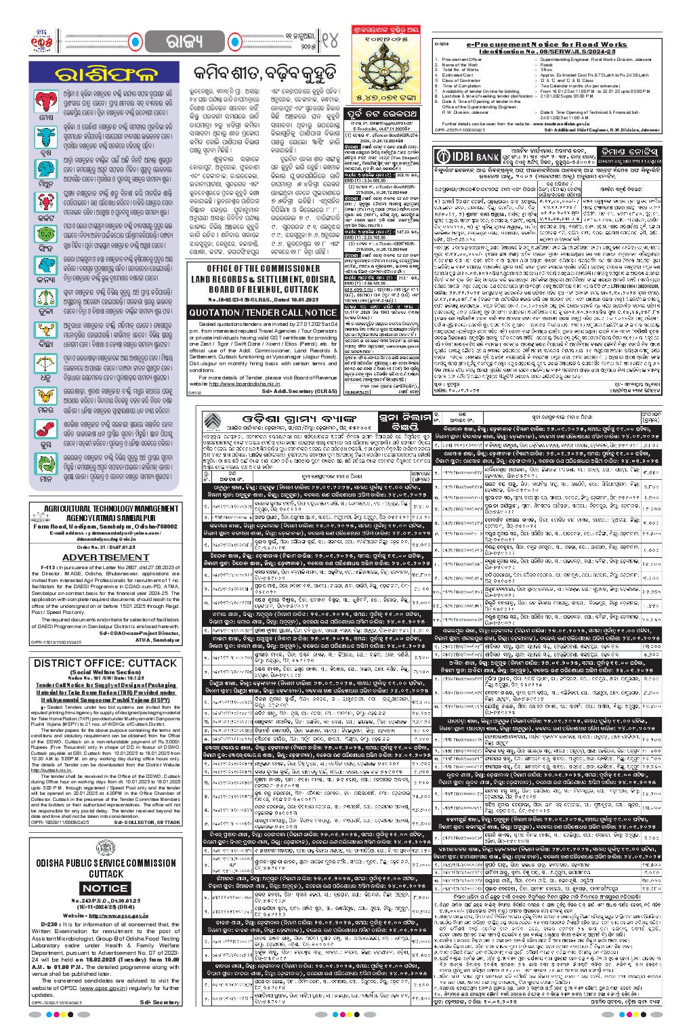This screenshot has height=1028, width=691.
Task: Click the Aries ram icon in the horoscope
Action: pos(46,102)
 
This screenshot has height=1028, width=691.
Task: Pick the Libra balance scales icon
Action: pos(46,298)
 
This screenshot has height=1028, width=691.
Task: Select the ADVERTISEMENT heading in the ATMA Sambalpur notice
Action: pos(105,557)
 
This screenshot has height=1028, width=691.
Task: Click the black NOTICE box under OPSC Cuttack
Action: pos(105,888)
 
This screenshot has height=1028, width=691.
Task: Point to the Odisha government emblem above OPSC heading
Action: pos(106,850)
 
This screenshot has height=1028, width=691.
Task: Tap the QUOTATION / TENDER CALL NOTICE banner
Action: pos(263,312)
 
